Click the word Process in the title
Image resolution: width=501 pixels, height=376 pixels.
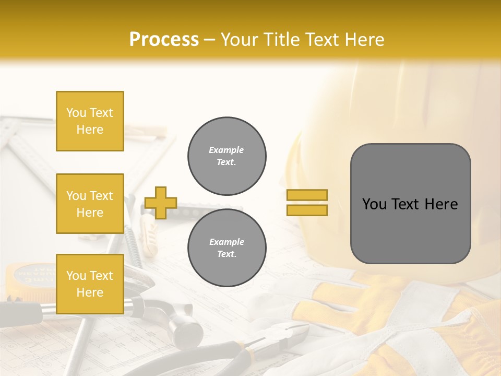(164, 40)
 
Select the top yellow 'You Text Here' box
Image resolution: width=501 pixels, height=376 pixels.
(90, 121)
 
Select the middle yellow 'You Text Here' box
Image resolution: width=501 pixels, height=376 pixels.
(90, 204)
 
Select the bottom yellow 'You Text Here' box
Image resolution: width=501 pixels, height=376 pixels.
(90, 284)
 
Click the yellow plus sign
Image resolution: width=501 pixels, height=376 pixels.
(161, 203)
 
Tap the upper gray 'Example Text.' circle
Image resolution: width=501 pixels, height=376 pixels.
(226, 156)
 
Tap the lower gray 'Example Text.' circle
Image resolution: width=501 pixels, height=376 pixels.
(226, 248)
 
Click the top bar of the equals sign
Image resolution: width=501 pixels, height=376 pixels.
(307, 195)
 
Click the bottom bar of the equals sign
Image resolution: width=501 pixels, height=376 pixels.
(307, 210)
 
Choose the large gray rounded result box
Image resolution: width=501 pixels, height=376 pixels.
(410, 204)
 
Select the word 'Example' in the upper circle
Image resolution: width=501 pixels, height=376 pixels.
(226, 150)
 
